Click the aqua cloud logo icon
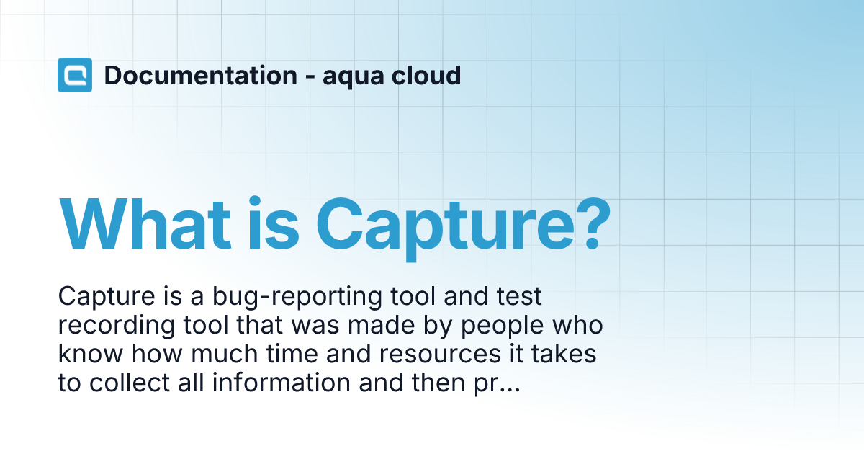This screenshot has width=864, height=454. [x=75, y=75]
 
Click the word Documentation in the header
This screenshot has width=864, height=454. [x=201, y=75]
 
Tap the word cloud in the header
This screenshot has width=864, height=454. [x=426, y=75]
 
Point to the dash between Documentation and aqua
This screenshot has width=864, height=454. [x=310, y=77]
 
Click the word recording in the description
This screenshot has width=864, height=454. [x=117, y=326]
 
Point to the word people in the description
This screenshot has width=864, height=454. [x=503, y=327]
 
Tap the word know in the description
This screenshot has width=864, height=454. [x=90, y=354]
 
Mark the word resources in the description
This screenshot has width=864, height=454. [x=440, y=355]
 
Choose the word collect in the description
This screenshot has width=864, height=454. [x=130, y=383]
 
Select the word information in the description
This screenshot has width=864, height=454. [x=282, y=383]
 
